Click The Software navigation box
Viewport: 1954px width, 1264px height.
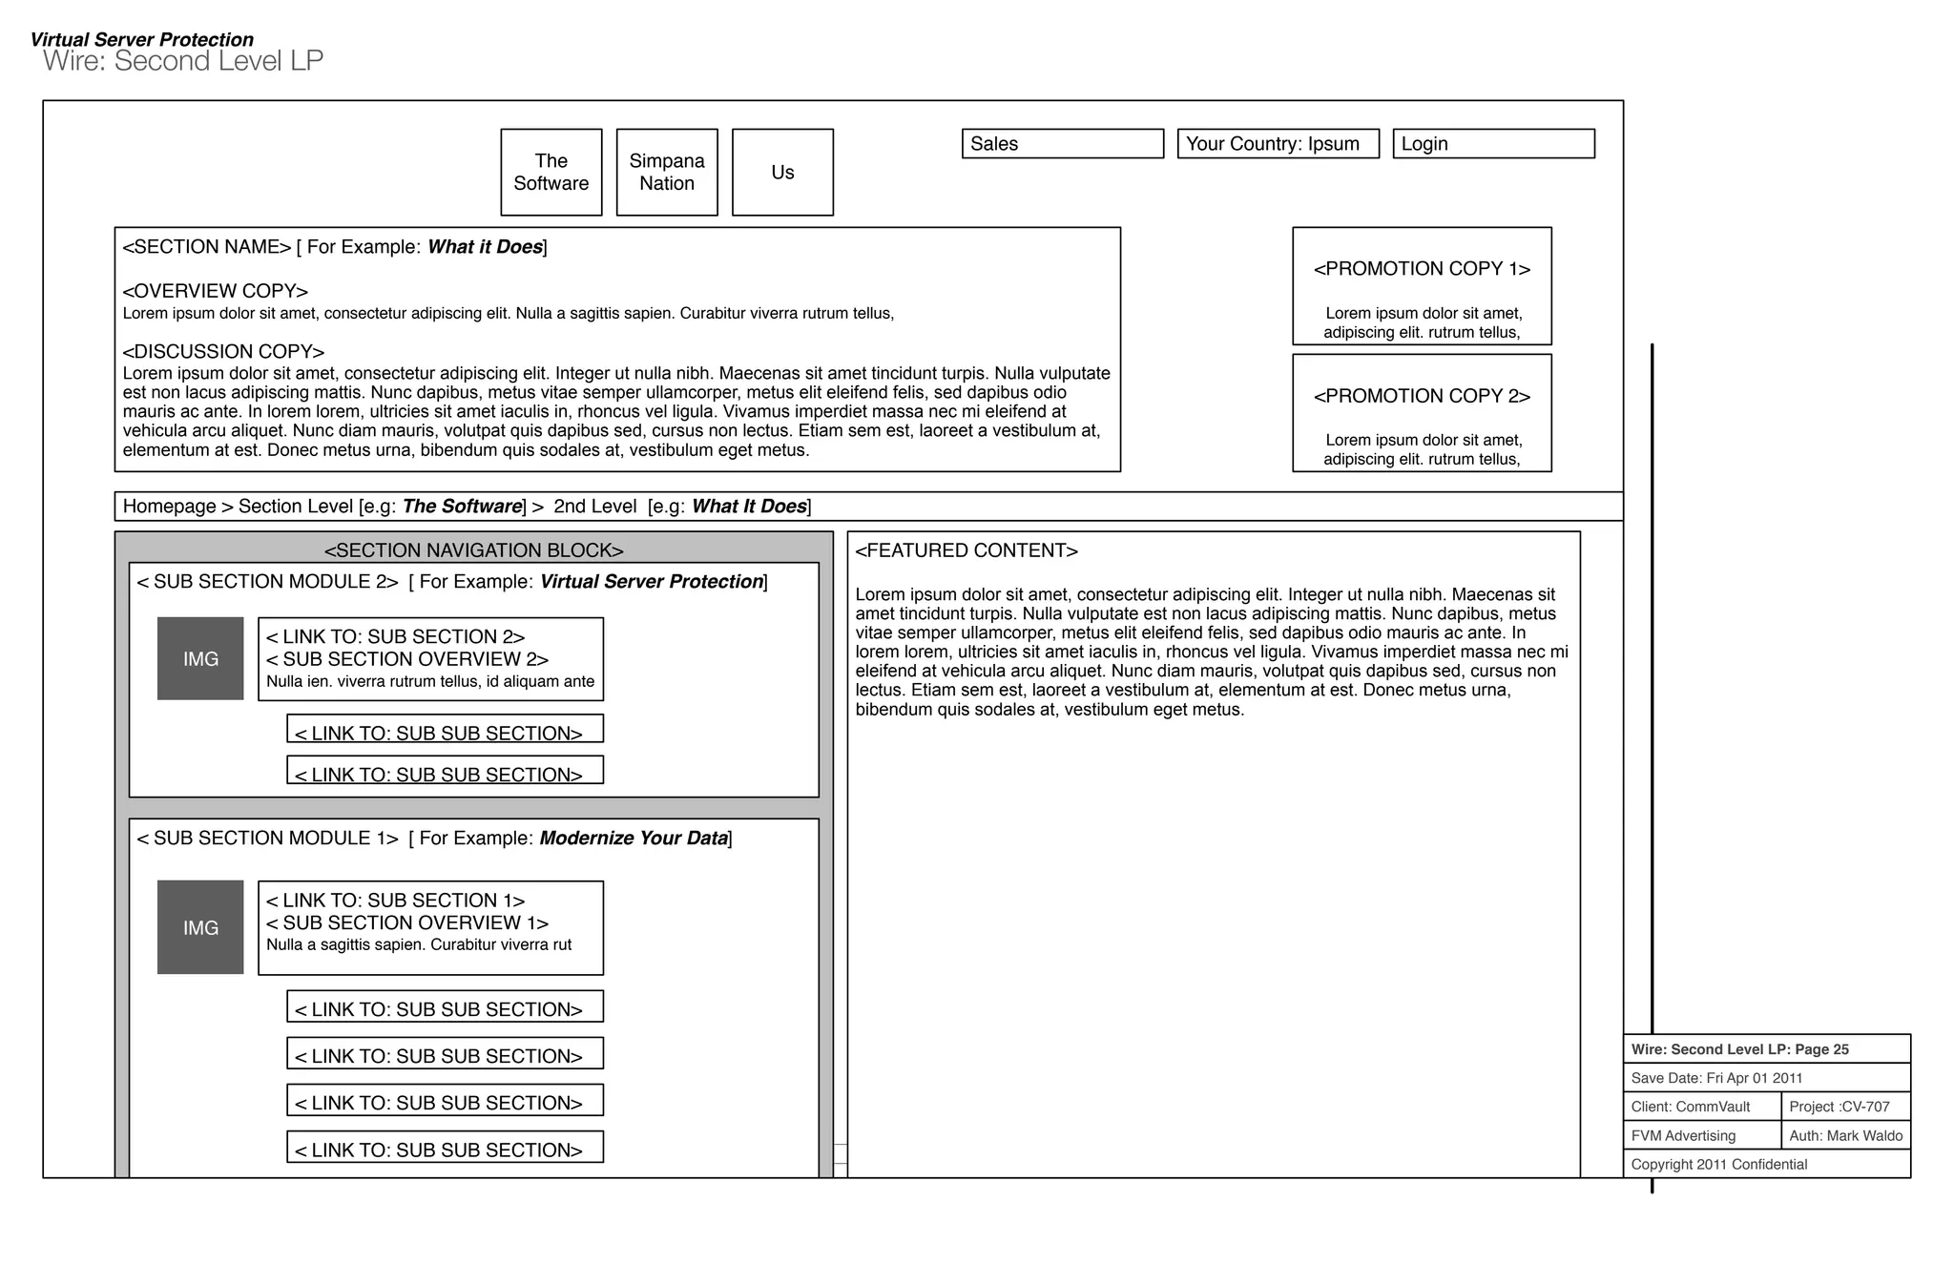pyautogui.click(x=551, y=173)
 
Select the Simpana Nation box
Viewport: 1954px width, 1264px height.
pyautogui.click(x=666, y=173)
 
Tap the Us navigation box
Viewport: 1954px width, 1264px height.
pyautogui.click(x=782, y=173)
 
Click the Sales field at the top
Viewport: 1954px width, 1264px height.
pyautogui.click(x=1062, y=144)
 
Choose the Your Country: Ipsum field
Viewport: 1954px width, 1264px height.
pyautogui.click(x=1278, y=144)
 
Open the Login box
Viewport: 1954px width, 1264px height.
pyautogui.click(x=1493, y=144)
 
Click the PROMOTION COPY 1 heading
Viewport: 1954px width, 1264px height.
pyautogui.click(x=1422, y=269)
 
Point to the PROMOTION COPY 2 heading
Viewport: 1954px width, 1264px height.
pyautogui.click(x=1422, y=396)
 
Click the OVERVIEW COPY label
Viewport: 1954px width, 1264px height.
pyautogui.click(x=215, y=291)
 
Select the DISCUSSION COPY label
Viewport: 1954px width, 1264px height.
pyautogui.click(x=223, y=352)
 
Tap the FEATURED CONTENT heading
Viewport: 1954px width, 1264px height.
pyautogui.click(x=966, y=550)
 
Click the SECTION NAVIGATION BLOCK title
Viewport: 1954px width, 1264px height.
pyautogui.click(x=473, y=550)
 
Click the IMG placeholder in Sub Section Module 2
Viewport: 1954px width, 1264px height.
pyautogui.click(x=200, y=659)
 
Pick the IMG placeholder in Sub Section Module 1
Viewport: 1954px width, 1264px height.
pyautogui.click(x=200, y=927)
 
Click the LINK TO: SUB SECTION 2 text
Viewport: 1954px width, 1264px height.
pyautogui.click(x=395, y=637)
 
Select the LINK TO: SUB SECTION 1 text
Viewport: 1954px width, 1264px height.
pyautogui.click(x=395, y=901)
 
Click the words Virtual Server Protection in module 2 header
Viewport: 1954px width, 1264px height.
pyautogui.click(x=651, y=582)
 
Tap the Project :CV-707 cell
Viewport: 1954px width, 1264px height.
pyautogui.click(x=1844, y=1107)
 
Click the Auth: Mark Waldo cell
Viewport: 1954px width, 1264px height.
pyautogui.click(x=1844, y=1135)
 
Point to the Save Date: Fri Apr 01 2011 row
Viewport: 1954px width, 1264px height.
pyautogui.click(x=1716, y=1078)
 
